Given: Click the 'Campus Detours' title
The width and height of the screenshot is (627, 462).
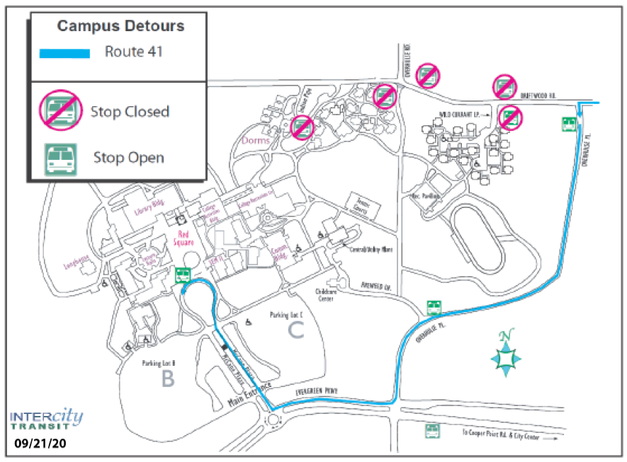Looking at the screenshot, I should [120, 26].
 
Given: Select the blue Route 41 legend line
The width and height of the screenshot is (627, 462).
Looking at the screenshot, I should [64, 53].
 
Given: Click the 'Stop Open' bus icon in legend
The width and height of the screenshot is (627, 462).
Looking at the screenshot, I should [61, 157].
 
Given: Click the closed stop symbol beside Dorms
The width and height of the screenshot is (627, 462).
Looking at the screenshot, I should [303, 127].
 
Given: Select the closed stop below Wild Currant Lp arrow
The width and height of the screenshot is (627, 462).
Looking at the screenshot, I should [509, 117].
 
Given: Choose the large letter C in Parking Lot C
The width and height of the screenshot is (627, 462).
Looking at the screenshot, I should [295, 328].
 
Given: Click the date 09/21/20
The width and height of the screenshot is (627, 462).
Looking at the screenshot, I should [41, 445].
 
